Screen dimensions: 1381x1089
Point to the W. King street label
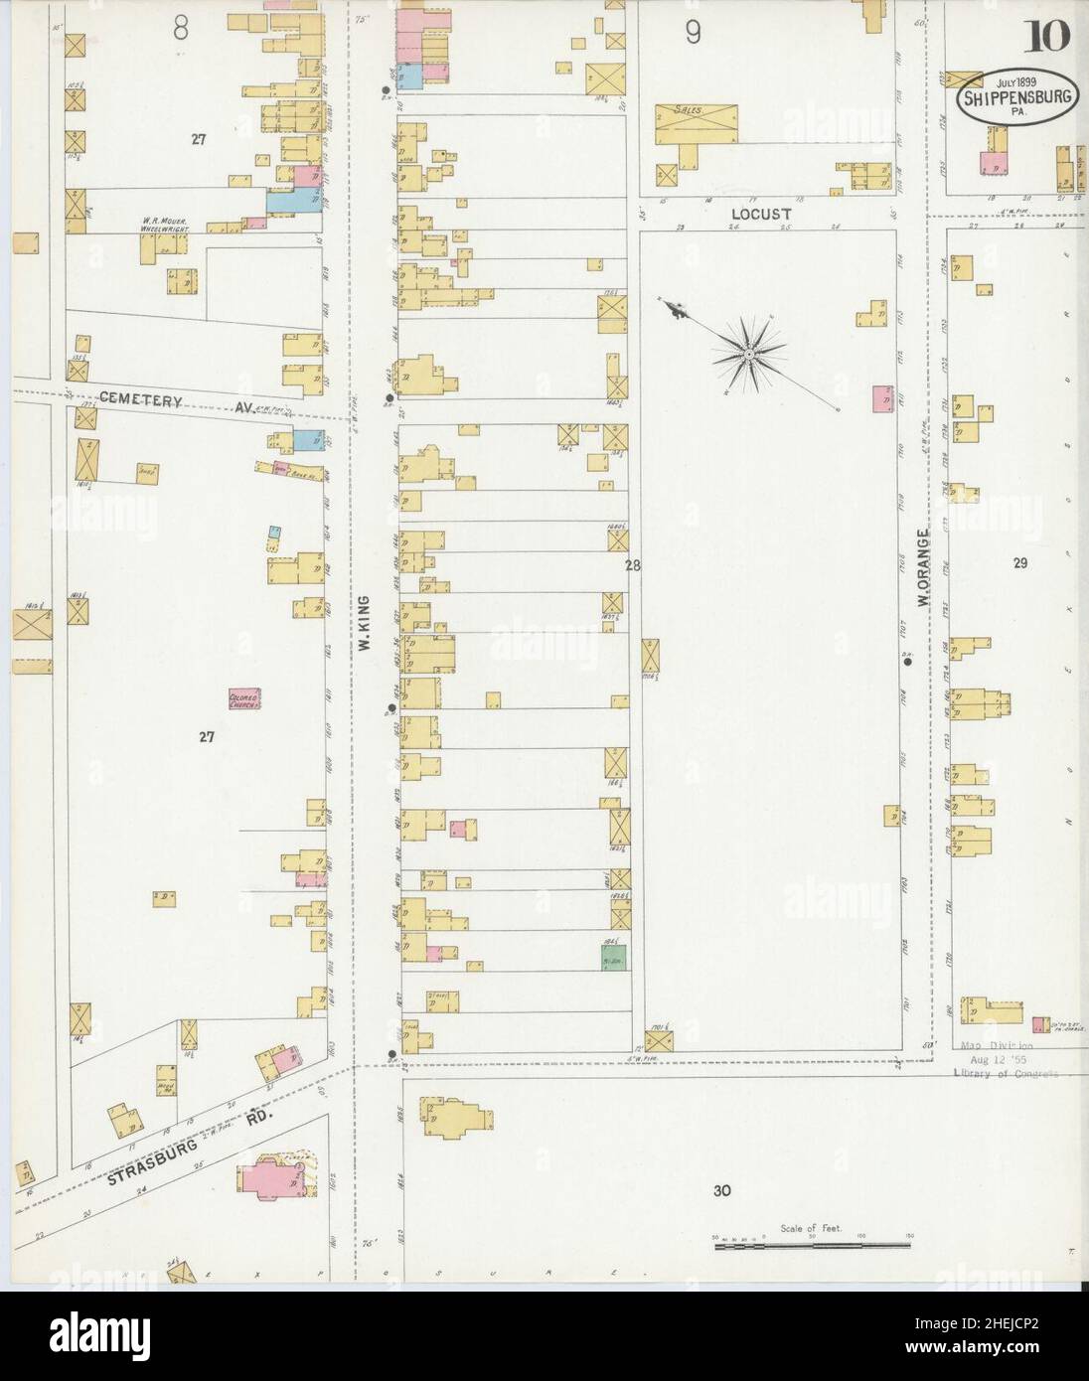(365, 623)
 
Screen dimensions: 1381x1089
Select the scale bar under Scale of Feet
(813, 1243)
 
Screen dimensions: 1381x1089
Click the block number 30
(721, 1190)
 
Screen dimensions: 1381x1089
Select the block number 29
(1020, 563)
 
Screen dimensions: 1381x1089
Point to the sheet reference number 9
(692, 33)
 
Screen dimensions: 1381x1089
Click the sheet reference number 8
(180, 30)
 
